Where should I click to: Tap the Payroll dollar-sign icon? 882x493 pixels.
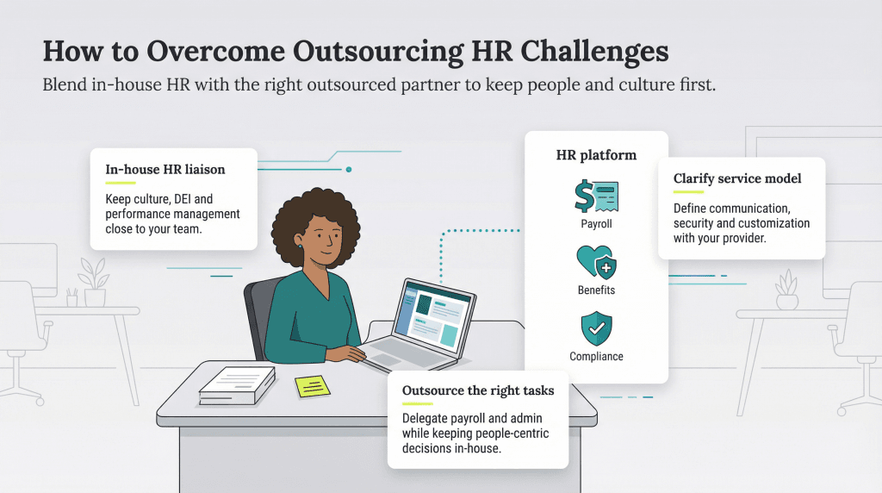click(x=596, y=196)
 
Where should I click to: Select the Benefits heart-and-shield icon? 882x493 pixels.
click(x=596, y=262)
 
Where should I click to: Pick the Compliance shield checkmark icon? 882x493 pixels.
click(x=596, y=328)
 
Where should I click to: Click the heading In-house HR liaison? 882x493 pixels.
click(x=165, y=169)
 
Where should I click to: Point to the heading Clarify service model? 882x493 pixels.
click(x=737, y=178)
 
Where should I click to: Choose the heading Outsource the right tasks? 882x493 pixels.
click(x=478, y=390)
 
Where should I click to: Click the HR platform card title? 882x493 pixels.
click(x=596, y=155)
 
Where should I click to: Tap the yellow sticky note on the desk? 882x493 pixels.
click(x=312, y=386)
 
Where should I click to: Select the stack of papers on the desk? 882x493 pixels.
click(x=237, y=384)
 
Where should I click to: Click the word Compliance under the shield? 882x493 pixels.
click(x=596, y=357)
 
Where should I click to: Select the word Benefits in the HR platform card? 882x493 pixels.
click(x=596, y=290)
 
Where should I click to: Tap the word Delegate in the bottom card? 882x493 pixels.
click(x=425, y=417)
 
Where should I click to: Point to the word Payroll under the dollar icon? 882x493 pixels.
click(x=596, y=224)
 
